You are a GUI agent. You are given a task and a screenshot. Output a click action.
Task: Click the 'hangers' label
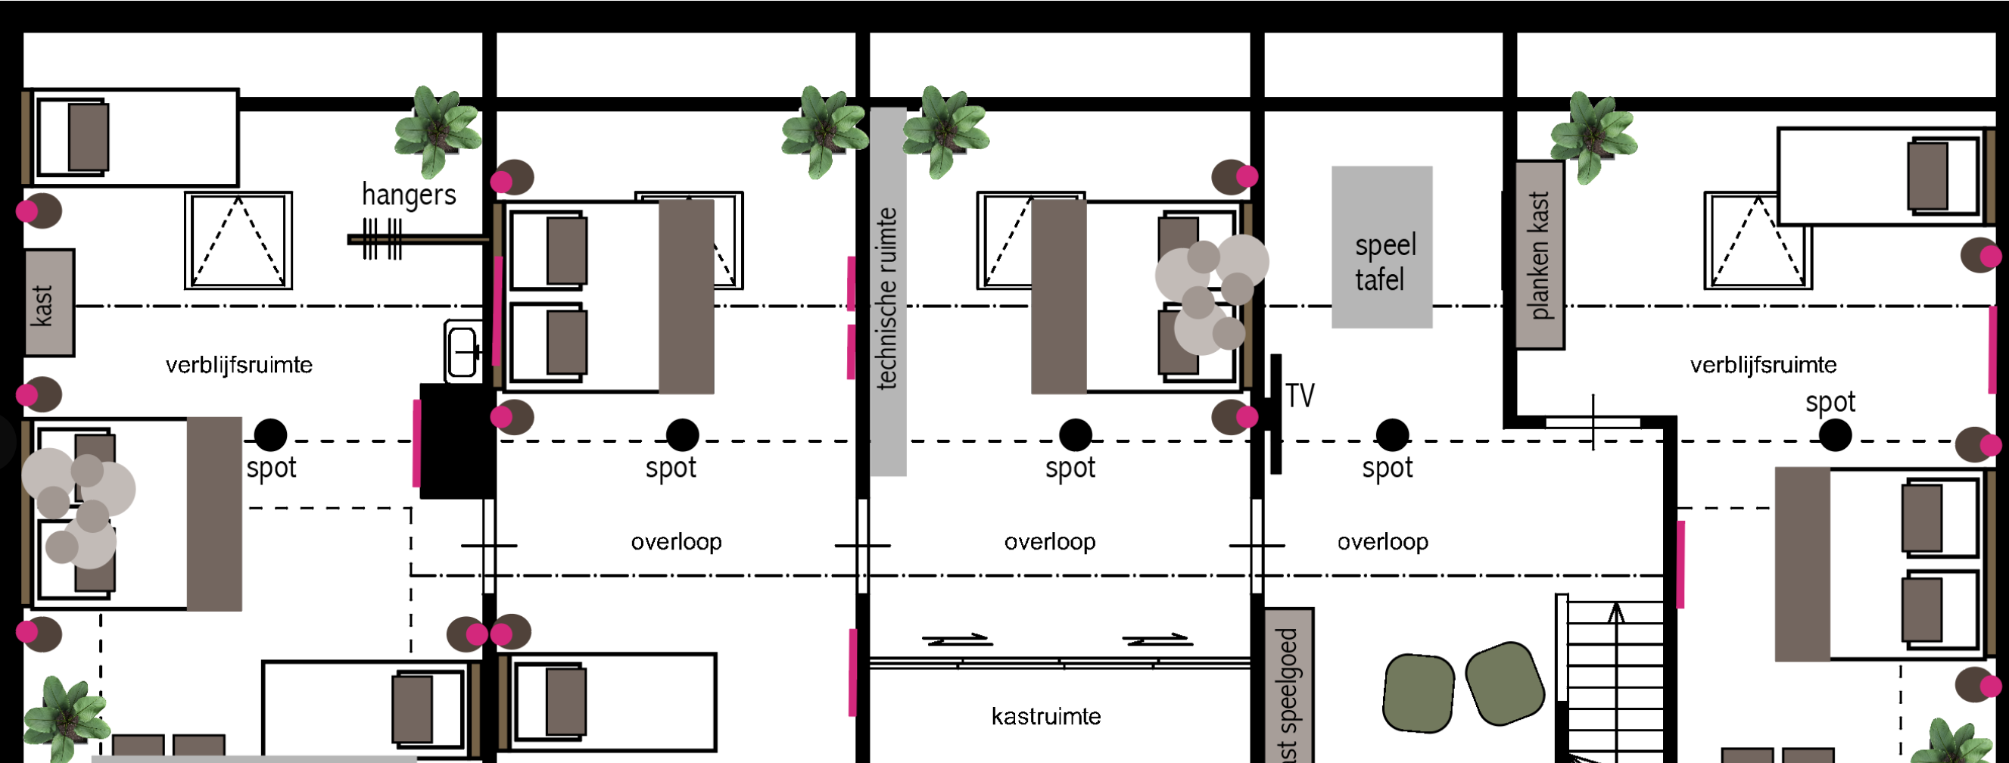click(409, 195)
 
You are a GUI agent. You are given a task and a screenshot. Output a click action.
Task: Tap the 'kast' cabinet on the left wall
click(49, 303)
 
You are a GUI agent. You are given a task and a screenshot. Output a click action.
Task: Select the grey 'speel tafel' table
click(1381, 247)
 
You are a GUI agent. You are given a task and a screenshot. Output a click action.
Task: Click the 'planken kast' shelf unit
click(1540, 255)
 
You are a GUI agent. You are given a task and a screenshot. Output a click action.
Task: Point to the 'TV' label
click(1299, 396)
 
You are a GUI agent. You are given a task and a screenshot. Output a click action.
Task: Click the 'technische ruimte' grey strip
click(888, 291)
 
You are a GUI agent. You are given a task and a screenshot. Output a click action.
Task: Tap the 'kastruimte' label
click(1046, 716)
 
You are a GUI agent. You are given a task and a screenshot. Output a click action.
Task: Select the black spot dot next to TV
click(1392, 435)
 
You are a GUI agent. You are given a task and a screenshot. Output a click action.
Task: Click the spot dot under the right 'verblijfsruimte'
click(1835, 435)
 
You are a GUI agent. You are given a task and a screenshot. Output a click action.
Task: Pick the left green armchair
click(1419, 693)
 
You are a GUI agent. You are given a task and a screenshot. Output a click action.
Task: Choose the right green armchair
click(1504, 684)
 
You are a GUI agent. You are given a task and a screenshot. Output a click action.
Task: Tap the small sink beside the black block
click(463, 351)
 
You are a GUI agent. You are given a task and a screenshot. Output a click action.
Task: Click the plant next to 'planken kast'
click(1593, 137)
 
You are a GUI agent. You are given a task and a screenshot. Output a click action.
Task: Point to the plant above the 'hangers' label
click(438, 130)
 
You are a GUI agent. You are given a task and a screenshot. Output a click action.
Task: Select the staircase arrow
click(1616, 679)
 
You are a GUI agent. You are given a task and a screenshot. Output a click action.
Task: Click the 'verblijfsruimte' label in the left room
click(238, 365)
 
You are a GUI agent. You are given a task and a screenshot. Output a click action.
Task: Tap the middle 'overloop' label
click(1050, 541)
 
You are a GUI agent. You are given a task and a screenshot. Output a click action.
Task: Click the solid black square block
click(456, 441)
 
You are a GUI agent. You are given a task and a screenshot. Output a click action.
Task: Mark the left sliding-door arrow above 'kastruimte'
click(956, 640)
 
